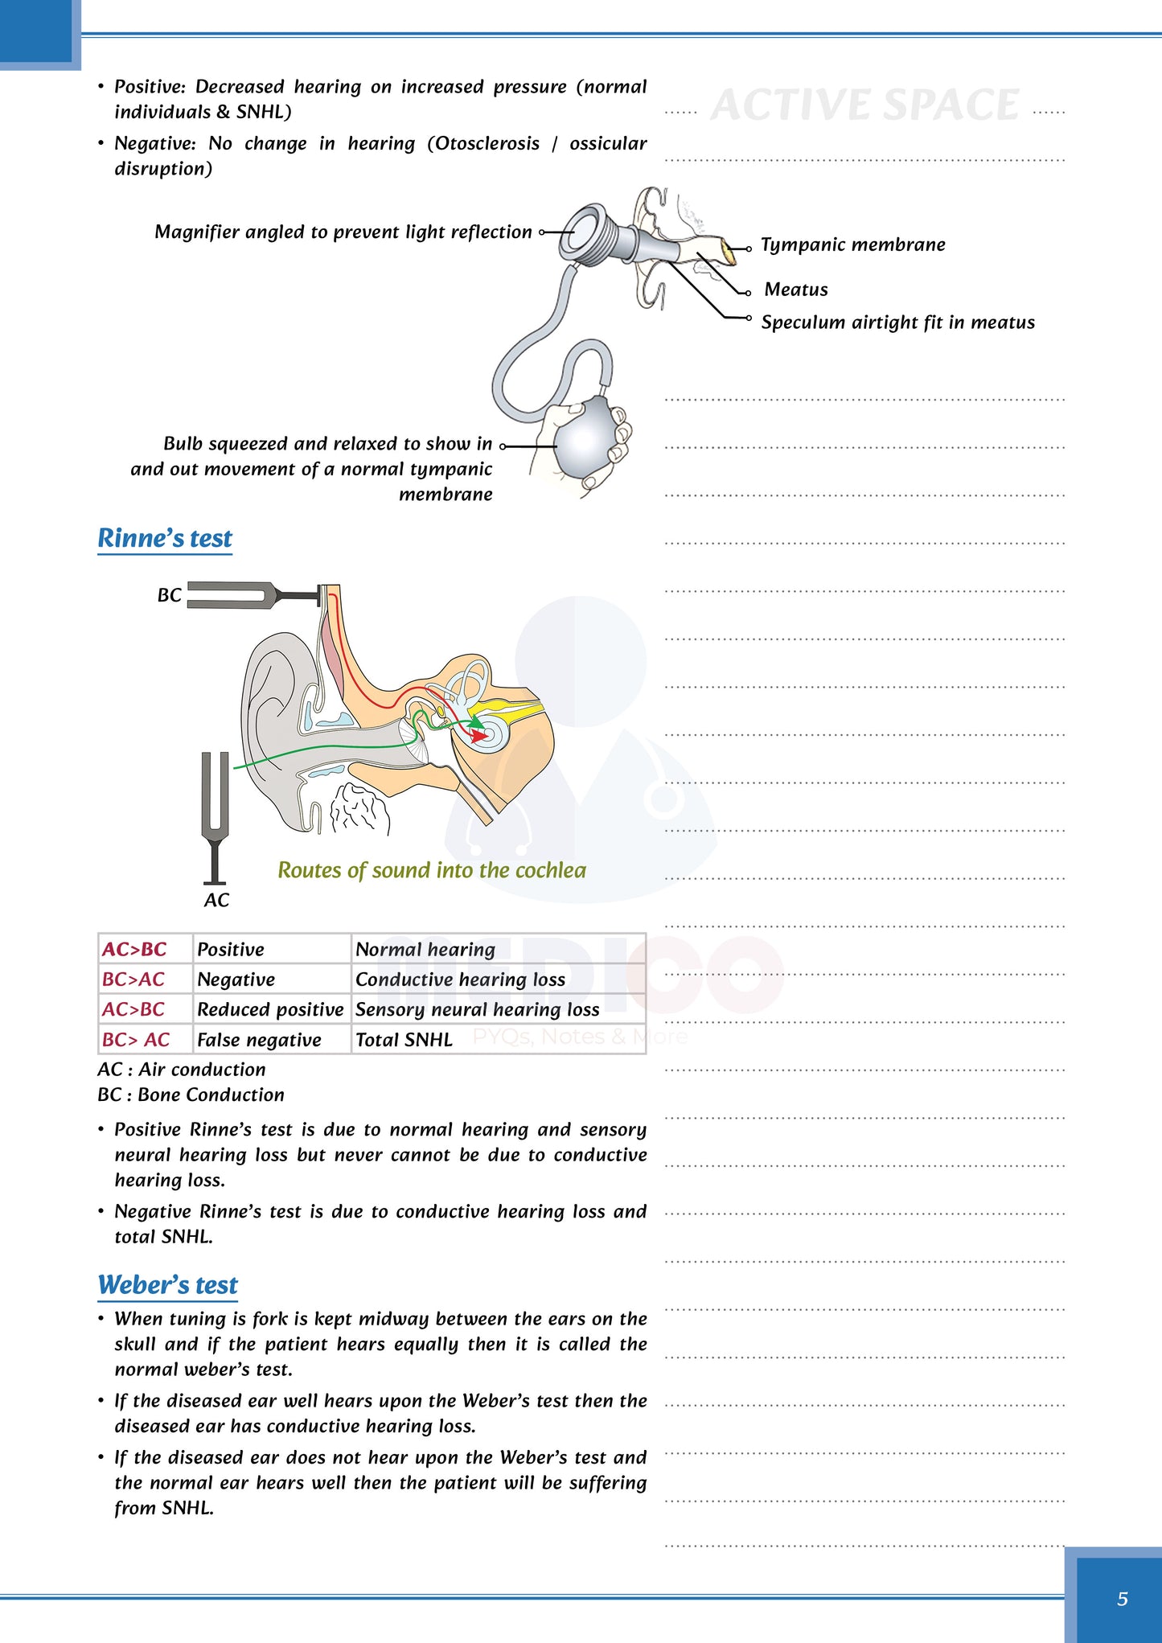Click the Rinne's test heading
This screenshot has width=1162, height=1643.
pos(165,538)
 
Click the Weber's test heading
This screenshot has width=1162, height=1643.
pos(168,1284)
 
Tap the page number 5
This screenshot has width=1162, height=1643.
pos(1122,1599)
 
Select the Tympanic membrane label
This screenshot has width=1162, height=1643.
pos(852,244)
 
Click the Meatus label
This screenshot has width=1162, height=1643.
pos(796,290)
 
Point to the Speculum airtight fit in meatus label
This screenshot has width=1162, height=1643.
pos(897,322)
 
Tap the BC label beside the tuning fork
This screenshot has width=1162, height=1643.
pos(169,595)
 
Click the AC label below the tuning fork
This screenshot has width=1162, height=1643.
pos(216,900)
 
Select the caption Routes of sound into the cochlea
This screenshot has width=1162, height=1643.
pos(432,870)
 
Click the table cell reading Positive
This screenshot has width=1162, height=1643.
pos(231,950)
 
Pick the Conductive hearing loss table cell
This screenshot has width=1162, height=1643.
pos(460,980)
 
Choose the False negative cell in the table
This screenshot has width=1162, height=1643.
pos(259,1040)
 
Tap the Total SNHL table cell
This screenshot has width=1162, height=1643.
pos(404,1040)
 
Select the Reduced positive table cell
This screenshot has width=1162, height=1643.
pos(270,1009)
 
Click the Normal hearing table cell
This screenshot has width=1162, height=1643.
pos(425,950)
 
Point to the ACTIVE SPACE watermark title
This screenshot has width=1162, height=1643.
pos(864,105)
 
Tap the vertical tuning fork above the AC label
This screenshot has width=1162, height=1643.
pos(215,804)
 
